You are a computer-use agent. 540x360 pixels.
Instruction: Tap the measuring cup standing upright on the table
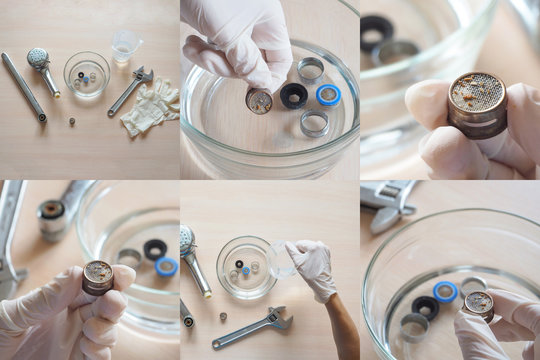point(126,46)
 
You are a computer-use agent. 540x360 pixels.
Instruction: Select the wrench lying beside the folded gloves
point(131,89)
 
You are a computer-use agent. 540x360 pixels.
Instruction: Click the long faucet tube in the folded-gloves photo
point(23,87)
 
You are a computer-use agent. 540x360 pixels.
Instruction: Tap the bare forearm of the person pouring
point(342,325)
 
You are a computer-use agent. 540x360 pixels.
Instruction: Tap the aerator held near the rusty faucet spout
point(98,276)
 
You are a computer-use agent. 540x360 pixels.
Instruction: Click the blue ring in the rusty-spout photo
point(167,266)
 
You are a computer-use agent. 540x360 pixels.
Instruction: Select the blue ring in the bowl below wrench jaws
point(446,291)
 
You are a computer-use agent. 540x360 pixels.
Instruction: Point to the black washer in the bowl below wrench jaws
point(426,308)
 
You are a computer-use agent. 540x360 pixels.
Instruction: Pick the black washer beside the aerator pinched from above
point(294,95)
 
